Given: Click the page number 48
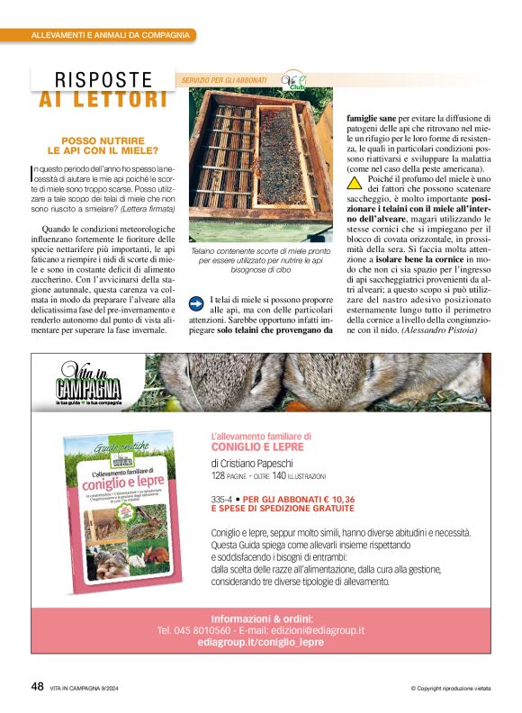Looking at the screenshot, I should [x=37, y=686].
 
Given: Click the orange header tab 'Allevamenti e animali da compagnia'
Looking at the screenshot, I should [x=110, y=35].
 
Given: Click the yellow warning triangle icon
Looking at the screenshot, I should [x=355, y=181].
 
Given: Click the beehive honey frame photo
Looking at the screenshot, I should [x=260, y=165].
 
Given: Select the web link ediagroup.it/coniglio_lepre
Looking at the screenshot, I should [x=261, y=642].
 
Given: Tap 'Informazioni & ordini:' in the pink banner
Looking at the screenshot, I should [x=261, y=618].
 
